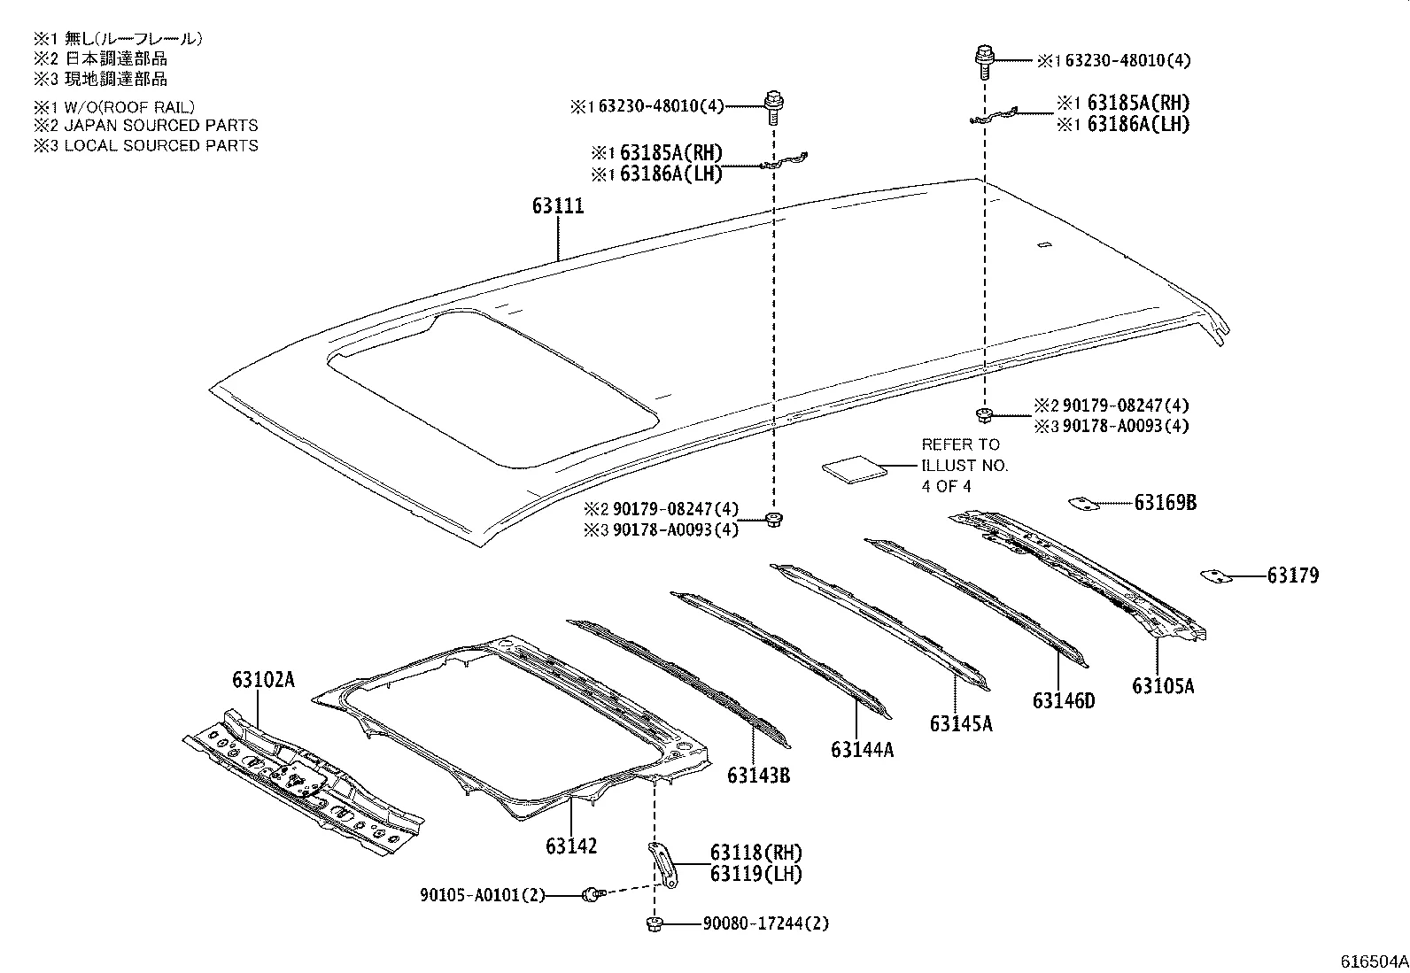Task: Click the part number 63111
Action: click(x=558, y=206)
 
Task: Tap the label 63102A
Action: click(x=263, y=680)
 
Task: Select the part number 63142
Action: click(x=571, y=846)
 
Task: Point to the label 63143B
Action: click(x=758, y=776)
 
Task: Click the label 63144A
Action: click(x=862, y=750)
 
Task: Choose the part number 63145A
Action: click(x=961, y=723)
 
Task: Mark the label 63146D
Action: click(x=1063, y=701)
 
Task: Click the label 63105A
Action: click(x=1162, y=685)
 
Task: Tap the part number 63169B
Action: click(x=1166, y=503)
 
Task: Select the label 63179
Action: click(x=1292, y=576)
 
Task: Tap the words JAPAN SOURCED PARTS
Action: click(x=160, y=126)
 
